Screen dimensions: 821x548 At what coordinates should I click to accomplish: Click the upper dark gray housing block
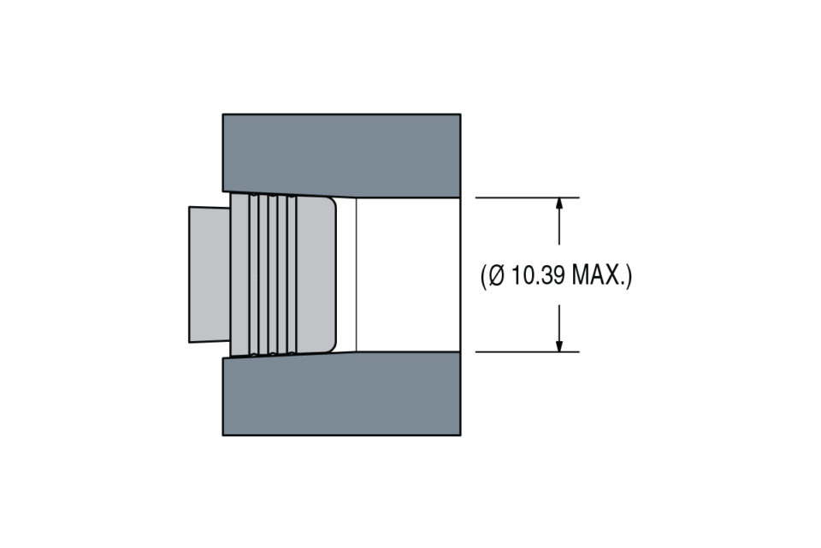click(x=341, y=154)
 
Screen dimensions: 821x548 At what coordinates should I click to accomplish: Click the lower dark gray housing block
click(x=341, y=395)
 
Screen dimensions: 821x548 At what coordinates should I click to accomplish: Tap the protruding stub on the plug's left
click(x=210, y=274)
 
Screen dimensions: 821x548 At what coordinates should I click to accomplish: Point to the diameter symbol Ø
click(x=496, y=275)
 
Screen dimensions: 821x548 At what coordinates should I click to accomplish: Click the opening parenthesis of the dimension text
click(x=483, y=276)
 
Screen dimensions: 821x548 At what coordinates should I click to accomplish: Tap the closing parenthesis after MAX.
click(x=629, y=276)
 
